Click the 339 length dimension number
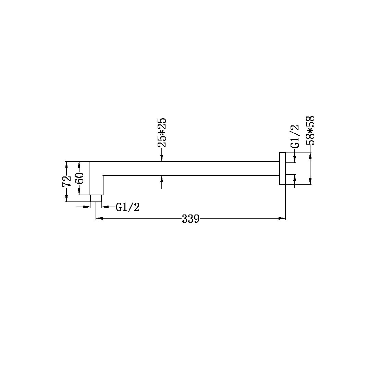(190, 219)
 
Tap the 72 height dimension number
(66, 181)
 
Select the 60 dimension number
(79, 178)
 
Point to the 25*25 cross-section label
(161, 133)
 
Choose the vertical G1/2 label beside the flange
(294, 136)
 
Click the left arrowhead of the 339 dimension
(98, 218)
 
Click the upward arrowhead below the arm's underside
(161, 178)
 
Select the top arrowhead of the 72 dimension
(67, 164)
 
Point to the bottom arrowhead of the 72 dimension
(67, 199)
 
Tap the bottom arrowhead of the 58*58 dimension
(310, 182)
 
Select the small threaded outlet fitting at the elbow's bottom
(96, 198)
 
